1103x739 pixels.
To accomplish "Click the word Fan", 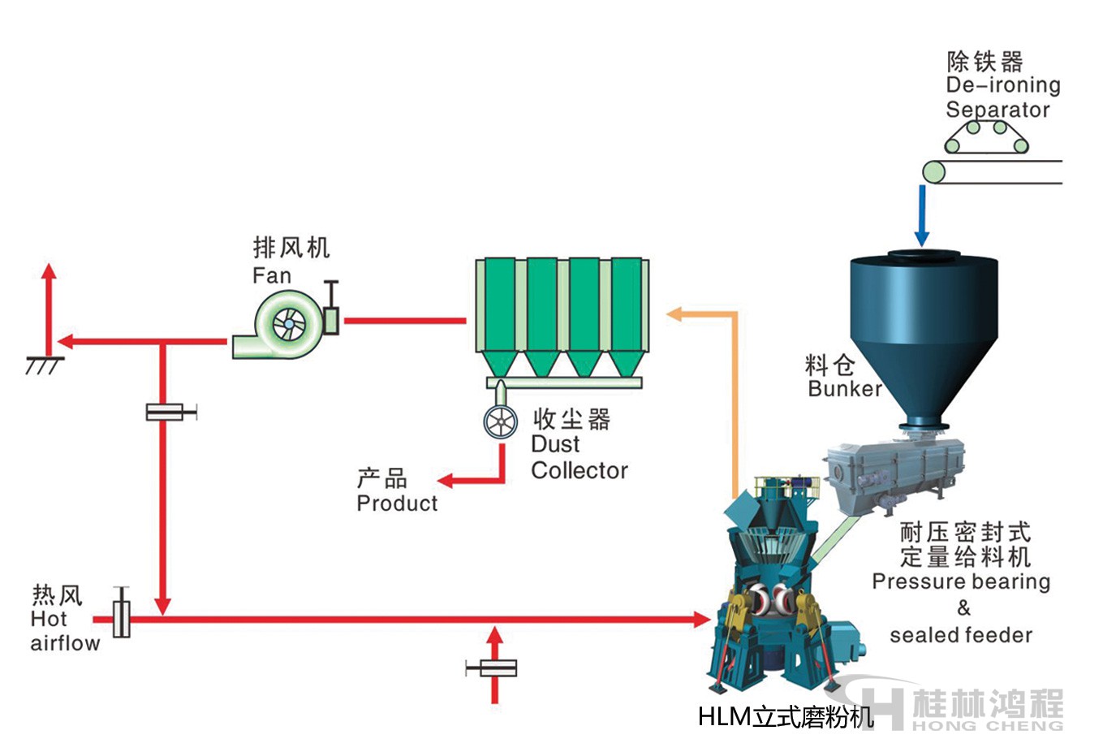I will (271, 276).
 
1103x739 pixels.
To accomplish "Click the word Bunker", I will (844, 388).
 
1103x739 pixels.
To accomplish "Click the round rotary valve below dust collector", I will (500, 422).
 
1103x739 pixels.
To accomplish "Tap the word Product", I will (397, 503).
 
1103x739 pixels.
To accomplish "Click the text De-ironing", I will (1003, 85).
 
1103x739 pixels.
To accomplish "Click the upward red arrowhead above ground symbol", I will (50, 272).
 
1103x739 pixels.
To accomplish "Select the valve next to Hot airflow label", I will (122, 619).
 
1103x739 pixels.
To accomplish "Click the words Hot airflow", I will (63, 631).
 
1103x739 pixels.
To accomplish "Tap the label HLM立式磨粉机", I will (785, 716).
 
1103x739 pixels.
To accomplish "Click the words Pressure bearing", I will (961, 581).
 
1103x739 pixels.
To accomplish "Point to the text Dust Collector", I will (579, 457).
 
